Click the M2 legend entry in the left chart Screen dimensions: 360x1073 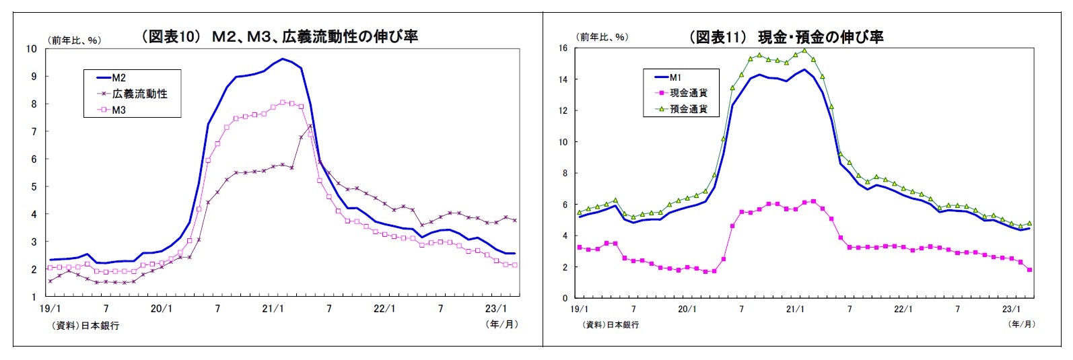[118, 78]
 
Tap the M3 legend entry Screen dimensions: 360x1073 [118, 110]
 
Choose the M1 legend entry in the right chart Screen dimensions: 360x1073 [675, 77]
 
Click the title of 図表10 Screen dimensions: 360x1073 [279, 36]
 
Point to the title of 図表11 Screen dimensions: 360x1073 [786, 37]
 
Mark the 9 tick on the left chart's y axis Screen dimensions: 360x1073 [32, 76]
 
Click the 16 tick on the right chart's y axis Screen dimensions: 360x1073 [563, 48]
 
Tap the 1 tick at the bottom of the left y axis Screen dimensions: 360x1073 [32, 297]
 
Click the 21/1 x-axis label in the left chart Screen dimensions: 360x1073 [273, 309]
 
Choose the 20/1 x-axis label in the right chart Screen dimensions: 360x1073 [687, 310]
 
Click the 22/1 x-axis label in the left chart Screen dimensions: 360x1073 [384, 309]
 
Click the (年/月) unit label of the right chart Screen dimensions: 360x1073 [1021, 324]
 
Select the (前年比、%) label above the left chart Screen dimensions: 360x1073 [74, 40]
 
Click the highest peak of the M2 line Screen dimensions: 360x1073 [283, 59]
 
